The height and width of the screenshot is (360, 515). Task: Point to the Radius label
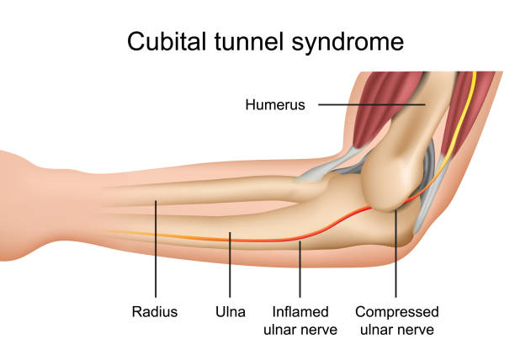(155, 312)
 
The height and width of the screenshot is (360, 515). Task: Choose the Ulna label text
(230, 312)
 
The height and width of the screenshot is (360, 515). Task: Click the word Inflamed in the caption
(300, 312)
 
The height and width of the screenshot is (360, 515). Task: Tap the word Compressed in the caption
(396, 312)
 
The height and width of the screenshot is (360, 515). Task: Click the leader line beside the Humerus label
(370, 105)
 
